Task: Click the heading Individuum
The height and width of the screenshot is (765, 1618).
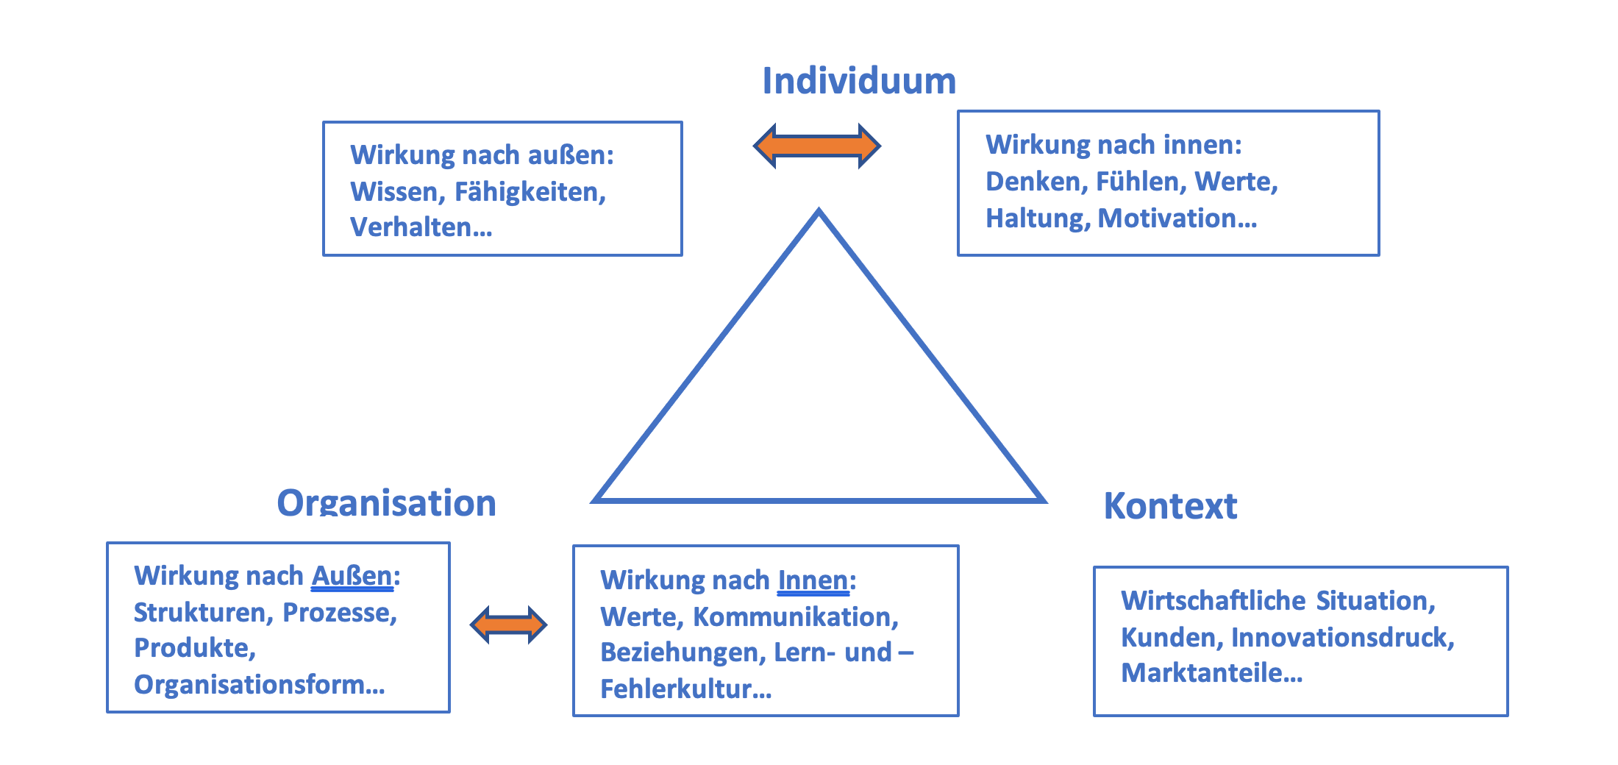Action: click(x=858, y=81)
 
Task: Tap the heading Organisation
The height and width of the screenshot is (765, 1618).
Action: click(x=386, y=504)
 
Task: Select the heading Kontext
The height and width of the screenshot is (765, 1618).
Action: click(x=1170, y=506)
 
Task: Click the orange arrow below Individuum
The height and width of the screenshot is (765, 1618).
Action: click(x=817, y=146)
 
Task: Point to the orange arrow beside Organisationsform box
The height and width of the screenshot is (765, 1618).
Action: click(x=508, y=625)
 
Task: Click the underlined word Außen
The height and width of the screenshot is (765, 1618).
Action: click(x=352, y=576)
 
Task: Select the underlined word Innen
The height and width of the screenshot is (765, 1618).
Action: click(x=813, y=580)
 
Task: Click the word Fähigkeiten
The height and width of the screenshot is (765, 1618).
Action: click(x=530, y=192)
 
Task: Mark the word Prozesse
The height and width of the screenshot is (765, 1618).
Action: click(x=340, y=613)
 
